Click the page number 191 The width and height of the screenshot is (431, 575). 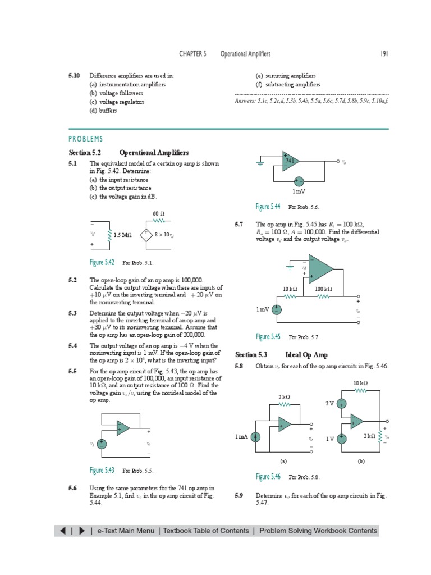click(384, 54)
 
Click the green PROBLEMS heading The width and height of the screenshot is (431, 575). click(86, 139)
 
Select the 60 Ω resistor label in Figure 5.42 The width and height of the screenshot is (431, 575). click(158, 214)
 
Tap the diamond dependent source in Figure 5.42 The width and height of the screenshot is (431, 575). click(146, 235)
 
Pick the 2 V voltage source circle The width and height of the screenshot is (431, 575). click(342, 404)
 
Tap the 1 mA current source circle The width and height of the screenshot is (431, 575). click(255, 437)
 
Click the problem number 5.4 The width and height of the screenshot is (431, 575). click(72, 346)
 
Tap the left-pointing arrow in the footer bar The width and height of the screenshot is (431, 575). click(62, 531)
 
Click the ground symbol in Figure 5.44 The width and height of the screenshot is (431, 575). click(260, 164)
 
